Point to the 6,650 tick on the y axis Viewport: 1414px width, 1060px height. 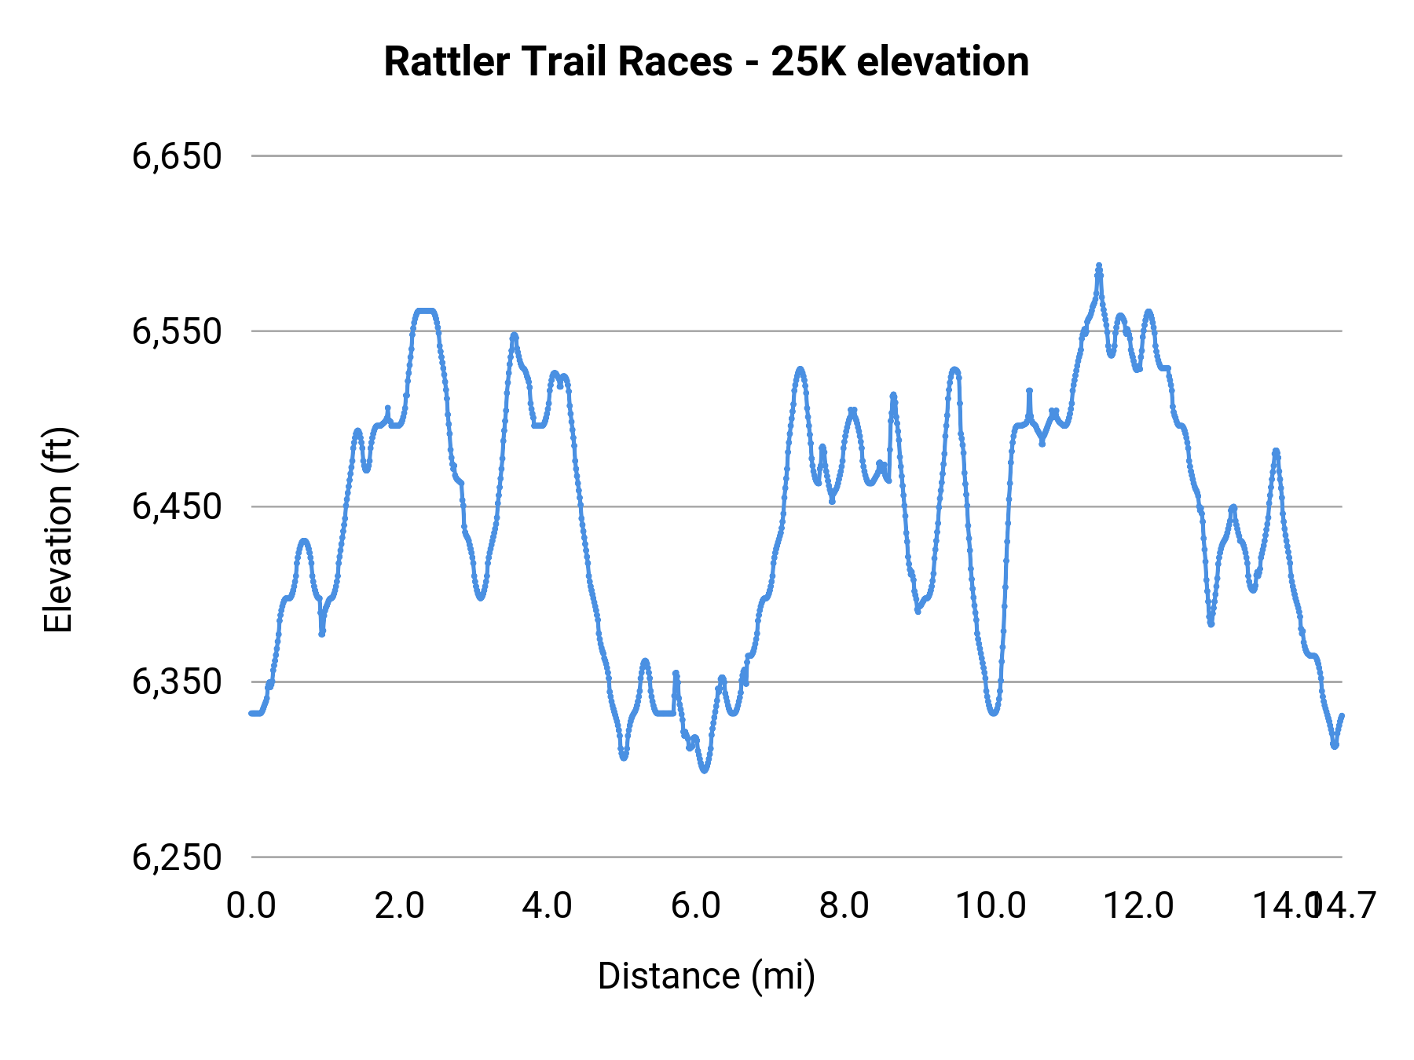pyautogui.click(x=177, y=156)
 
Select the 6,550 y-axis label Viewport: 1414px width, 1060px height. pyautogui.click(x=177, y=331)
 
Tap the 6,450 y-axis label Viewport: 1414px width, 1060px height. pyautogui.click(x=177, y=506)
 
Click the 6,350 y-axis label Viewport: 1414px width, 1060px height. pyautogui.click(x=177, y=682)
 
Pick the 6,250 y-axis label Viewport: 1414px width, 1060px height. pyautogui.click(x=177, y=857)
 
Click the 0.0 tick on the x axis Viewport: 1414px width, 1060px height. pyautogui.click(x=251, y=906)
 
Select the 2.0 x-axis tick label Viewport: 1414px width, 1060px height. pyautogui.click(x=399, y=906)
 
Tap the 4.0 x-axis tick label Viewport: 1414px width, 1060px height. pyautogui.click(x=548, y=906)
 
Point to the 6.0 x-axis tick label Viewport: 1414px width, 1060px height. pyautogui.click(x=696, y=906)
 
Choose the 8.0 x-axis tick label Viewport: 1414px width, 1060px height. pyautogui.click(x=844, y=906)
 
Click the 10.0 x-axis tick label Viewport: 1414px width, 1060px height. pyautogui.click(x=991, y=906)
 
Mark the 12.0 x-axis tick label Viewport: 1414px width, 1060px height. pyautogui.click(x=1139, y=906)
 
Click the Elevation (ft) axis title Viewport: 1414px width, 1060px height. pyautogui.click(x=58, y=530)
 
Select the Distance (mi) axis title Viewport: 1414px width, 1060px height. pyautogui.click(x=706, y=976)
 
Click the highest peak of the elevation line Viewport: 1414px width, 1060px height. pyautogui.click(x=1099, y=266)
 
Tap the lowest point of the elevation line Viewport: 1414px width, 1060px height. pyautogui.click(x=704, y=770)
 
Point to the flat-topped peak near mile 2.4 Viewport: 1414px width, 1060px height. pyautogui.click(x=424, y=312)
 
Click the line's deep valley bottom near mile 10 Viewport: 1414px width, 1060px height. pyautogui.click(x=994, y=713)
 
